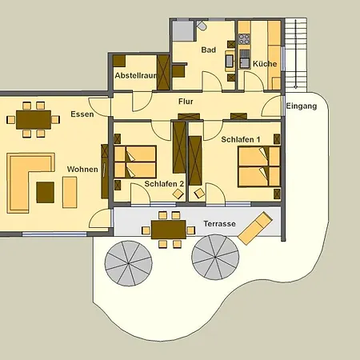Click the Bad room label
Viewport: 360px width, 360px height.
[209, 50]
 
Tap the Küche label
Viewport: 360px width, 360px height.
[265, 64]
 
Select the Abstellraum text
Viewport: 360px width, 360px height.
[135, 75]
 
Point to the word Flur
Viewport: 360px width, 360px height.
[186, 102]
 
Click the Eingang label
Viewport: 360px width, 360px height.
[302, 106]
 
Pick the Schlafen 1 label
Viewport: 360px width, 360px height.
[241, 139]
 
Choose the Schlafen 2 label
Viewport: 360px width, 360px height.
[164, 184]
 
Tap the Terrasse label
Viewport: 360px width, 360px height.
[220, 223]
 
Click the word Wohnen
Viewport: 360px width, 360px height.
[82, 169]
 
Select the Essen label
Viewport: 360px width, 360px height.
[82, 114]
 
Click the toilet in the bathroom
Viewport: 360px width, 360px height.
[202, 26]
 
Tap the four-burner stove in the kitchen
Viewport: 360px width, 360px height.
[244, 39]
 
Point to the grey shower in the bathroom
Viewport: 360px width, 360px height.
[183, 30]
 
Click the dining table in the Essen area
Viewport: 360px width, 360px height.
[34, 120]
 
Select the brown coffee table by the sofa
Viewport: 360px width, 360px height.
[46, 192]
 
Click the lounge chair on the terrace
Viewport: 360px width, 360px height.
[255, 228]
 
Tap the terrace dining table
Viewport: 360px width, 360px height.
[169, 230]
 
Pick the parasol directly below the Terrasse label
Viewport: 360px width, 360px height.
[215, 257]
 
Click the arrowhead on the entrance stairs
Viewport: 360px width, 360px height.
[295, 86]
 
